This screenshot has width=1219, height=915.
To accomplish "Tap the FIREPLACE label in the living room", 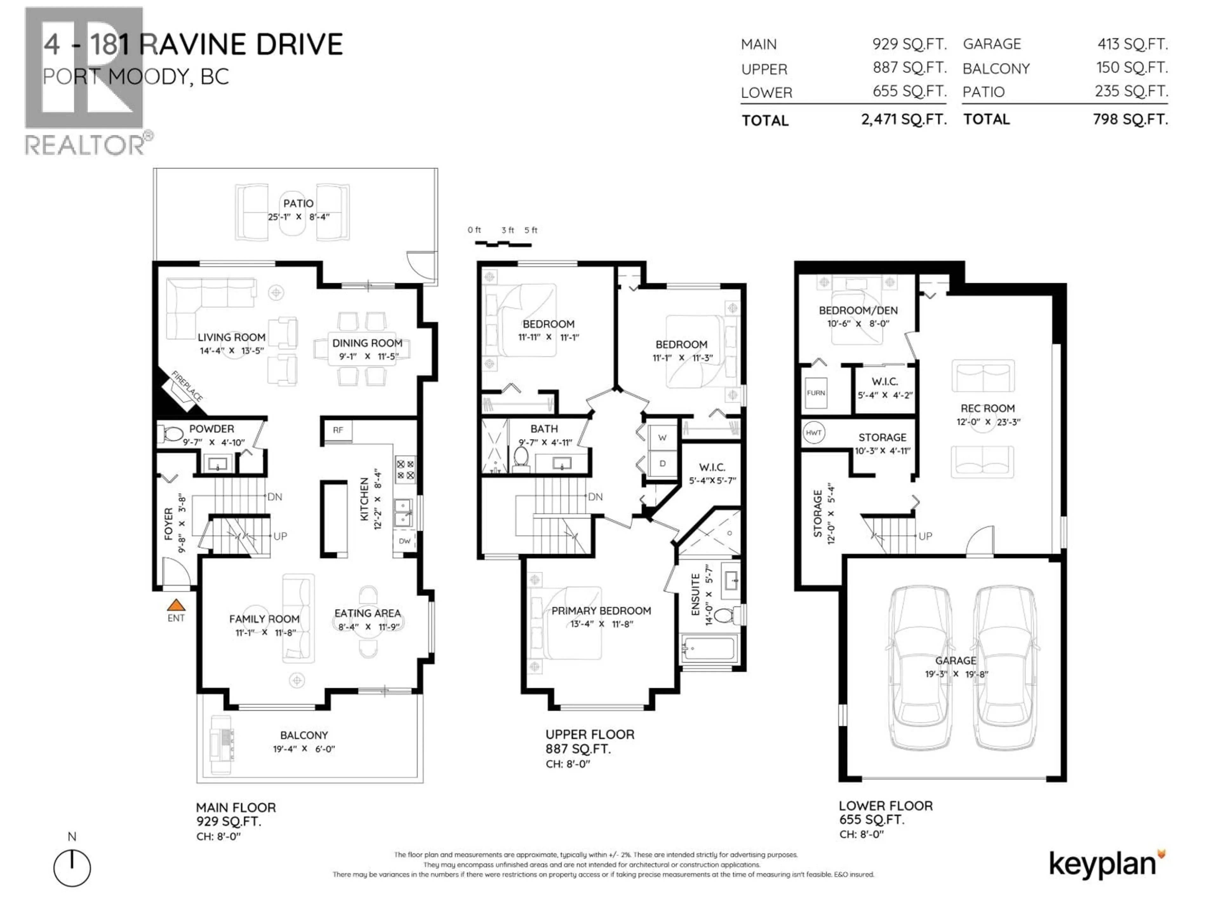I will click(x=187, y=386).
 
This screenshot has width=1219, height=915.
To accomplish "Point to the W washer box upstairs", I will click(x=663, y=437).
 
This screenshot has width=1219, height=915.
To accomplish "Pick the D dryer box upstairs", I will click(x=663, y=463).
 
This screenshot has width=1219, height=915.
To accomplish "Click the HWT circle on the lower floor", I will click(x=813, y=432).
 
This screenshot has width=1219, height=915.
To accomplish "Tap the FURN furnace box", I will click(x=816, y=393).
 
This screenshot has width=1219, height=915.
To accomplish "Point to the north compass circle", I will click(x=72, y=868).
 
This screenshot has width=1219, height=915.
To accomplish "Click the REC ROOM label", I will click(x=987, y=408).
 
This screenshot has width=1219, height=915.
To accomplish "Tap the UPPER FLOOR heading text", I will click(x=590, y=734).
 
